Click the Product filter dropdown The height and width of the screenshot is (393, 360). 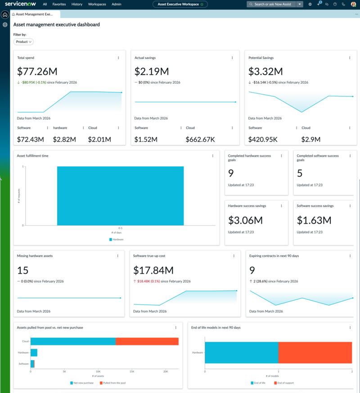23,42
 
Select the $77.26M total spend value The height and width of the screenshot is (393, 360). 37,72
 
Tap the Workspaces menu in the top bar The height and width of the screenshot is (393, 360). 97,4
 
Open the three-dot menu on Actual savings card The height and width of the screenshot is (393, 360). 232,58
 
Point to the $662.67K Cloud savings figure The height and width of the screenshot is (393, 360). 200,140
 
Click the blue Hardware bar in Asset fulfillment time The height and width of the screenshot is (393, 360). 120,196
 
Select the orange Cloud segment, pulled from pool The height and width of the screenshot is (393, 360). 147,341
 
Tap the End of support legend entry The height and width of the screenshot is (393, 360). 284,383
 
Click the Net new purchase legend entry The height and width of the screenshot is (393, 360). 82,383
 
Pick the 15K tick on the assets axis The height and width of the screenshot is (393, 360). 132,371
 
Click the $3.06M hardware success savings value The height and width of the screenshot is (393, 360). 245,220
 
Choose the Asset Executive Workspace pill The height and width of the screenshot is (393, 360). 180,4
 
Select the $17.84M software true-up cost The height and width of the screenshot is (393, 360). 153,271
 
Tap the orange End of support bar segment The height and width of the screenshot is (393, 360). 315,352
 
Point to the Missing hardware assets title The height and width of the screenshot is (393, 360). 35,256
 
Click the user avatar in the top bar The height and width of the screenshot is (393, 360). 354,4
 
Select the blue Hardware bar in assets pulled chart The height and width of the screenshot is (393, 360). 34,352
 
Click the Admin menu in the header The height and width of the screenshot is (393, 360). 117,4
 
